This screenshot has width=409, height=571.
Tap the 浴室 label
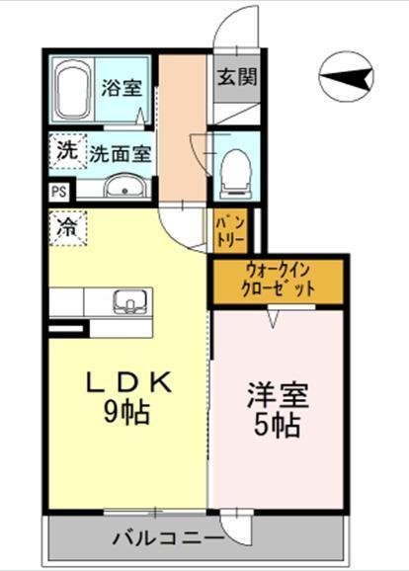point(121,87)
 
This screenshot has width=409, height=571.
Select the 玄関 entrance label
point(237,77)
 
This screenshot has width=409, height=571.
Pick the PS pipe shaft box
point(58,192)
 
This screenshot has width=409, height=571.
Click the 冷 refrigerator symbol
point(66,228)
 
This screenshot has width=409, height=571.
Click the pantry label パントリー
point(224,230)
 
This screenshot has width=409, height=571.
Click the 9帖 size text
point(124,412)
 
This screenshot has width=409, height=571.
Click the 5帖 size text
point(277,426)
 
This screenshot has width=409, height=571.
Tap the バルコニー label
point(167,539)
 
